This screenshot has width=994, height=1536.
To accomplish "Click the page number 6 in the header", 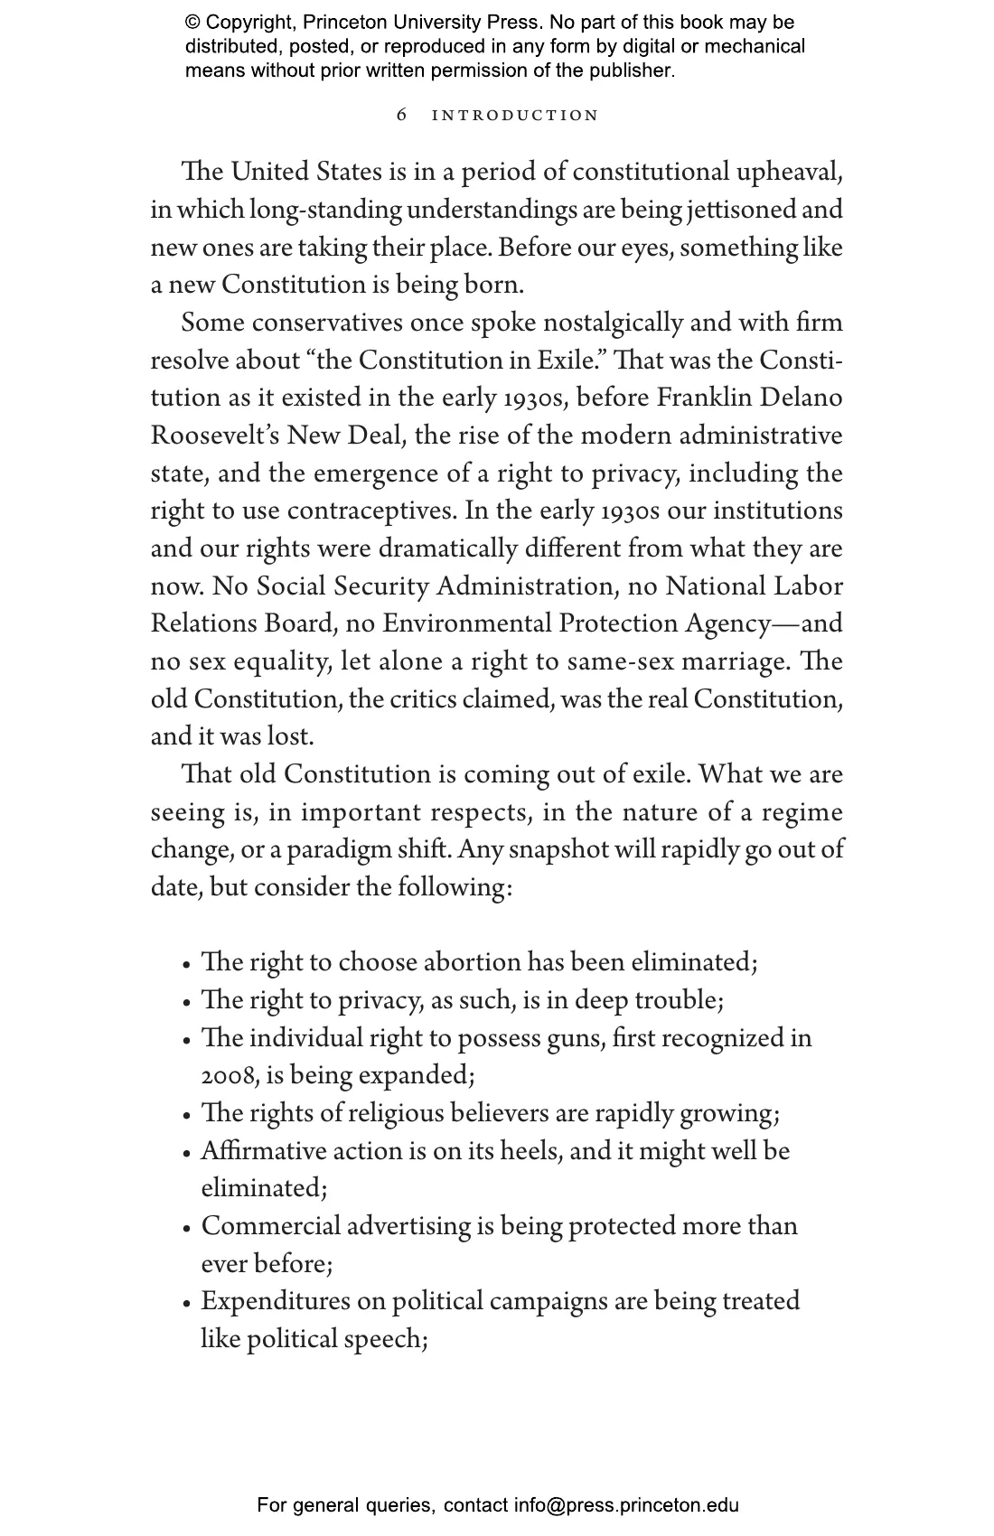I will coord(402,116).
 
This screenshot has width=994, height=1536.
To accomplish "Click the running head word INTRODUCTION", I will coord(515,116).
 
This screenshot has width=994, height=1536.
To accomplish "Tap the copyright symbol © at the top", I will coord(192,23).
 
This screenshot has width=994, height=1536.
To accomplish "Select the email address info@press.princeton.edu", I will coord(626,1505).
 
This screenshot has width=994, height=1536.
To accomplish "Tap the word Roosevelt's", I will coord(214,436).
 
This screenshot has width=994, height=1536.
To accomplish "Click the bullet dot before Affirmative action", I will coord(187,1154).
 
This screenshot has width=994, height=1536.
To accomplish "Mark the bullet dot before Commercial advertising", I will coord(187,1229).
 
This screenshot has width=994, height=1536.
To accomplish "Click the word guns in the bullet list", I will coord(576,1038).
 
